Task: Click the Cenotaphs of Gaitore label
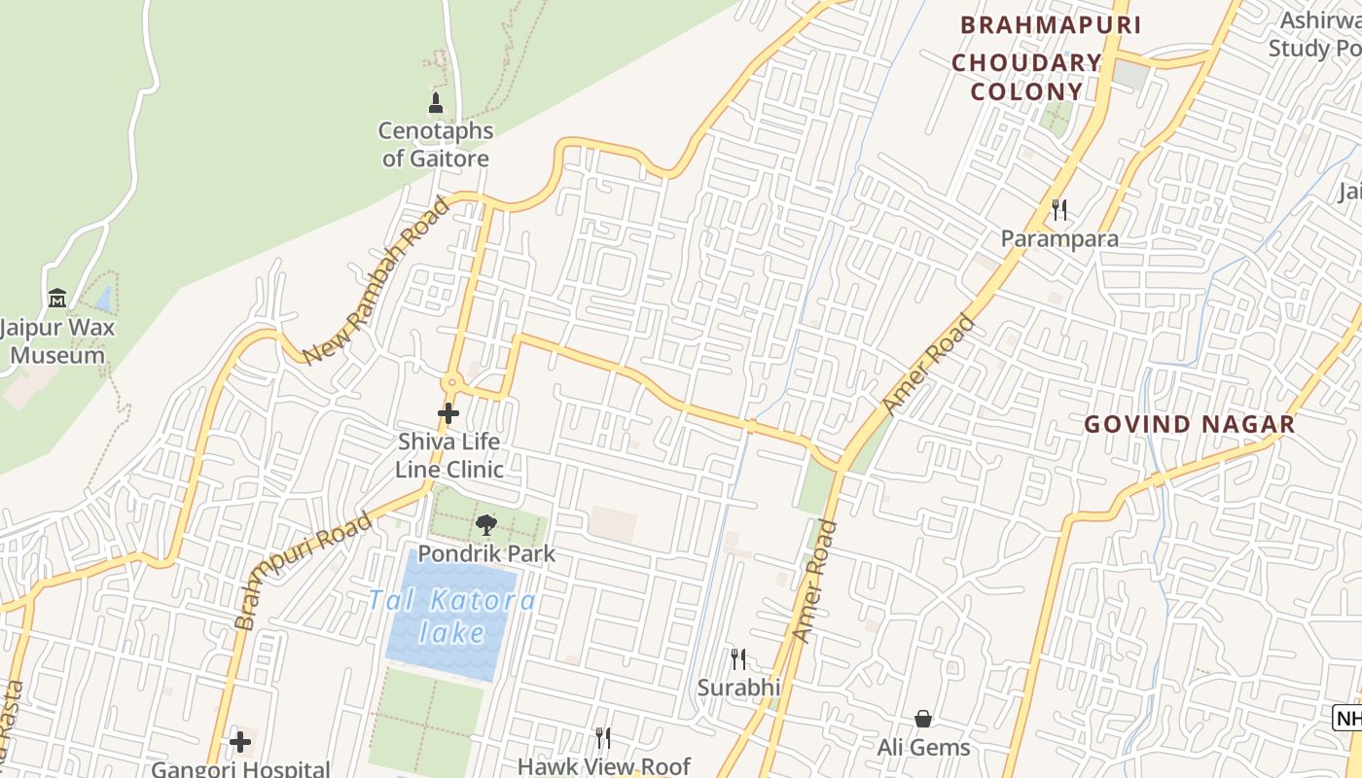pos(435,144)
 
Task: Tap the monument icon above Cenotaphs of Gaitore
pos(436,102)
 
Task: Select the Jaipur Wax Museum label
pos(57,340)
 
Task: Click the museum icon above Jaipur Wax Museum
pos(57,298)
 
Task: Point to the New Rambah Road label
pos(376,280)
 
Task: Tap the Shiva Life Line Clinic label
pos(448,455)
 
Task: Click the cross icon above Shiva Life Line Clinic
pos(448,413)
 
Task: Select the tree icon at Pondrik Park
pos(485,525)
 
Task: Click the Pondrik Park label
pos(486,553)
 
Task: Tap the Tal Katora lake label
pos(451,617)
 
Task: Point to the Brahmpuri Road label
pos(303,570)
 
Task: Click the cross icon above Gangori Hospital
pos(240,742)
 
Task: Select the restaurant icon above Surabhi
pos(738,659)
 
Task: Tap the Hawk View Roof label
pos(603,766)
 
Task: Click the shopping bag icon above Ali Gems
pos(923,719)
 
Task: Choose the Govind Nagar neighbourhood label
pos(1189,424)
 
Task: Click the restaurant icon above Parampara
pos(1059,209)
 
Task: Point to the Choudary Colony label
pos(1026,78)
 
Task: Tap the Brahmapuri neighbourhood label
pos(1051,25)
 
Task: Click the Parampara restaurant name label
pos(1059,238)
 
